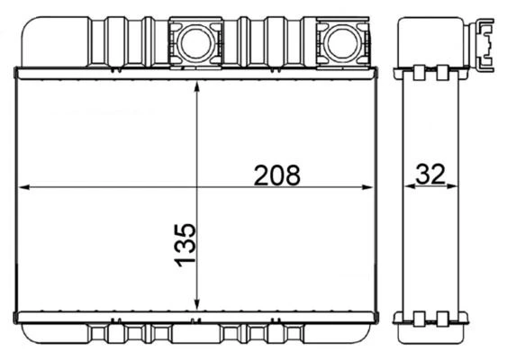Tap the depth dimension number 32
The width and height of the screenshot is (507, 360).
(x=430, y=175)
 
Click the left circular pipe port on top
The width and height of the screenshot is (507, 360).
(x=195, y=41)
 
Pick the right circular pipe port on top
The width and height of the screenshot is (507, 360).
(x=343, y=41)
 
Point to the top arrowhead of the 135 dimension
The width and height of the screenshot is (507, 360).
(x=197, y=84)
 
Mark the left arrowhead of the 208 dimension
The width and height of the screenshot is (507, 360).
(x=25, y=187)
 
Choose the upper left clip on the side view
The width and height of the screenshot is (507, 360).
(x=420, y=72)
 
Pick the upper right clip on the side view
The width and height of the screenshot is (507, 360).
(x=443, y=72)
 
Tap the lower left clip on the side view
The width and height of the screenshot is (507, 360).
(x=420, y=317)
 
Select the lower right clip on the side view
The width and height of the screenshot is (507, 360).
(x=443, y=317)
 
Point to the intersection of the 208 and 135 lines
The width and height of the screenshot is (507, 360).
(x=197, y=187)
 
